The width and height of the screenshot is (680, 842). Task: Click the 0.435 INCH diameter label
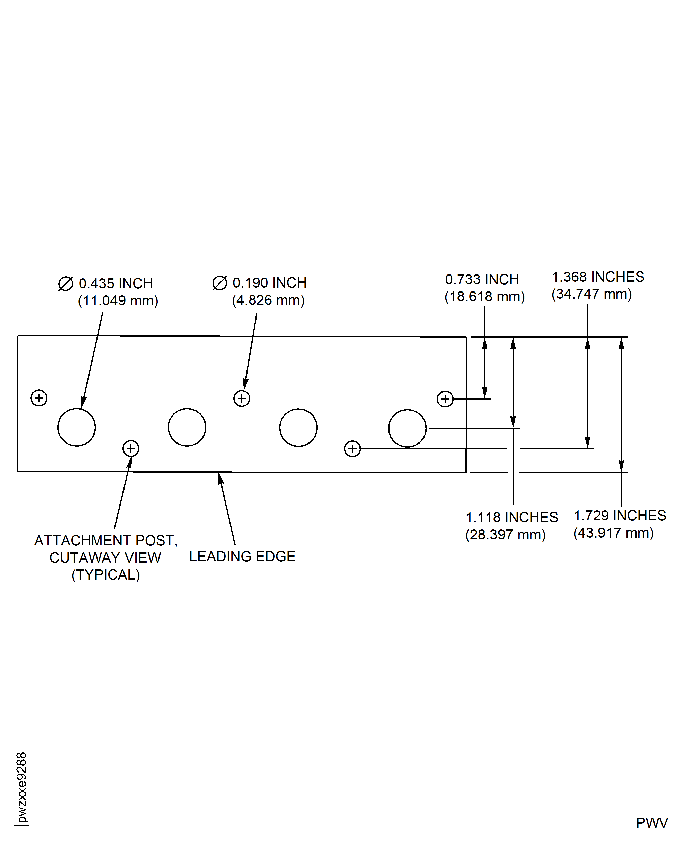coord(116,283)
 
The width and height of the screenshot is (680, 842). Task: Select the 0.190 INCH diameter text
coord(269,283)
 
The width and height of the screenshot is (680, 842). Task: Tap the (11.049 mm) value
coord(118,301)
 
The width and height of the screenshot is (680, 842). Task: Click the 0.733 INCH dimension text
coord(482,280)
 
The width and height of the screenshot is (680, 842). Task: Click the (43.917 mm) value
coord(613,533)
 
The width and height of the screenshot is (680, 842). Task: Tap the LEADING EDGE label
coord(242,556)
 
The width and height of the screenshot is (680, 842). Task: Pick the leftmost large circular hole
coord(76,427)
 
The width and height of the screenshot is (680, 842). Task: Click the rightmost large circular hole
coord(407,428)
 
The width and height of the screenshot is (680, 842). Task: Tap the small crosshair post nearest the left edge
coord(39,398)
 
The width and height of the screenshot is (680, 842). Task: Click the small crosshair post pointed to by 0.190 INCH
coord(242,399)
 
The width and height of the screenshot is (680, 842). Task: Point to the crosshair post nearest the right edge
coord(445,399)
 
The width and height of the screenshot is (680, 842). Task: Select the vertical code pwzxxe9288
coord(22,787)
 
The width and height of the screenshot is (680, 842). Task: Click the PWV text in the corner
coord(652,823)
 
